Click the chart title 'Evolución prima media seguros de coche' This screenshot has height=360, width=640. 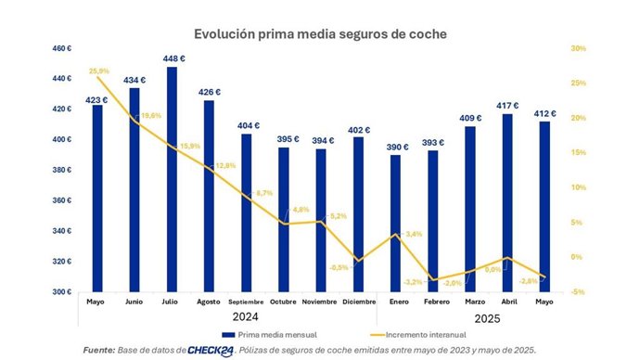pos(320,33)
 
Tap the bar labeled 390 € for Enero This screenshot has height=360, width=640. pos(397,227)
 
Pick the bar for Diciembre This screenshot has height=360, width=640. pos(359,218)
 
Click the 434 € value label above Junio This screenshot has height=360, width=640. pos(135,79)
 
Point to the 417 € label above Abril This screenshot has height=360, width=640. pos(509,106)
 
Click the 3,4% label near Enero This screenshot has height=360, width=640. pos(414,234)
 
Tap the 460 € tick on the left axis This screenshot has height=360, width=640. pos(62,48)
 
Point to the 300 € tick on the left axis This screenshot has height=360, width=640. pos(62,292)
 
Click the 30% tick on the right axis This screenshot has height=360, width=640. pos(578,48)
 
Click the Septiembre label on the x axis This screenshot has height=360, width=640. pos(247,302)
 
